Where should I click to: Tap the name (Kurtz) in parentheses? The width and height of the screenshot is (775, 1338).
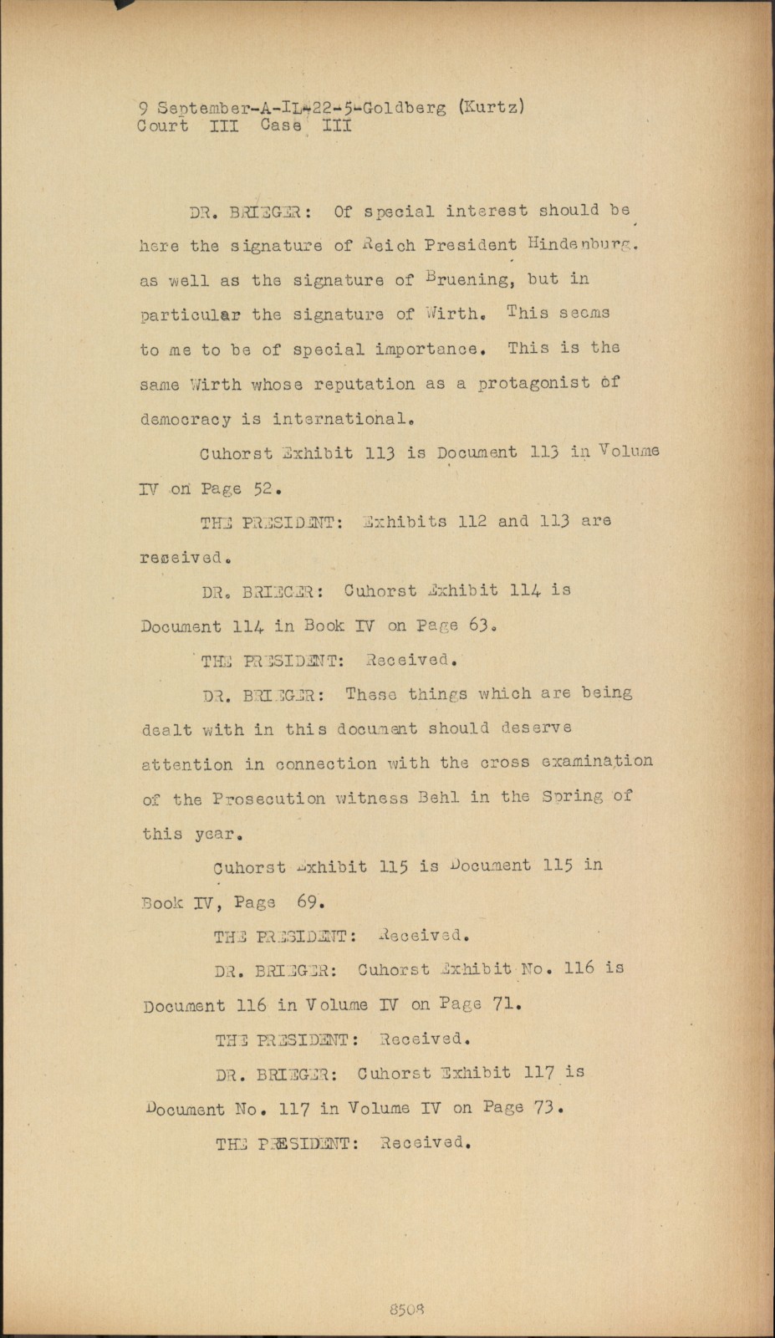(492, 107)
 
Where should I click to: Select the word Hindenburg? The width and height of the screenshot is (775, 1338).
(584, 244)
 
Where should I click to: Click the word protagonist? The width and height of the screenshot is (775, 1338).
(534, 384)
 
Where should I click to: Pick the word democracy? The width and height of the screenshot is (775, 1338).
(185, 419)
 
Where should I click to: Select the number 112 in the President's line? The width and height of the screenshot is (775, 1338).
(472, 521)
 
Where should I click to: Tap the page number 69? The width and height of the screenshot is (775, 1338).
(310, 902)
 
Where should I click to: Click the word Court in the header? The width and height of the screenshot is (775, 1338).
(162, 126)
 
